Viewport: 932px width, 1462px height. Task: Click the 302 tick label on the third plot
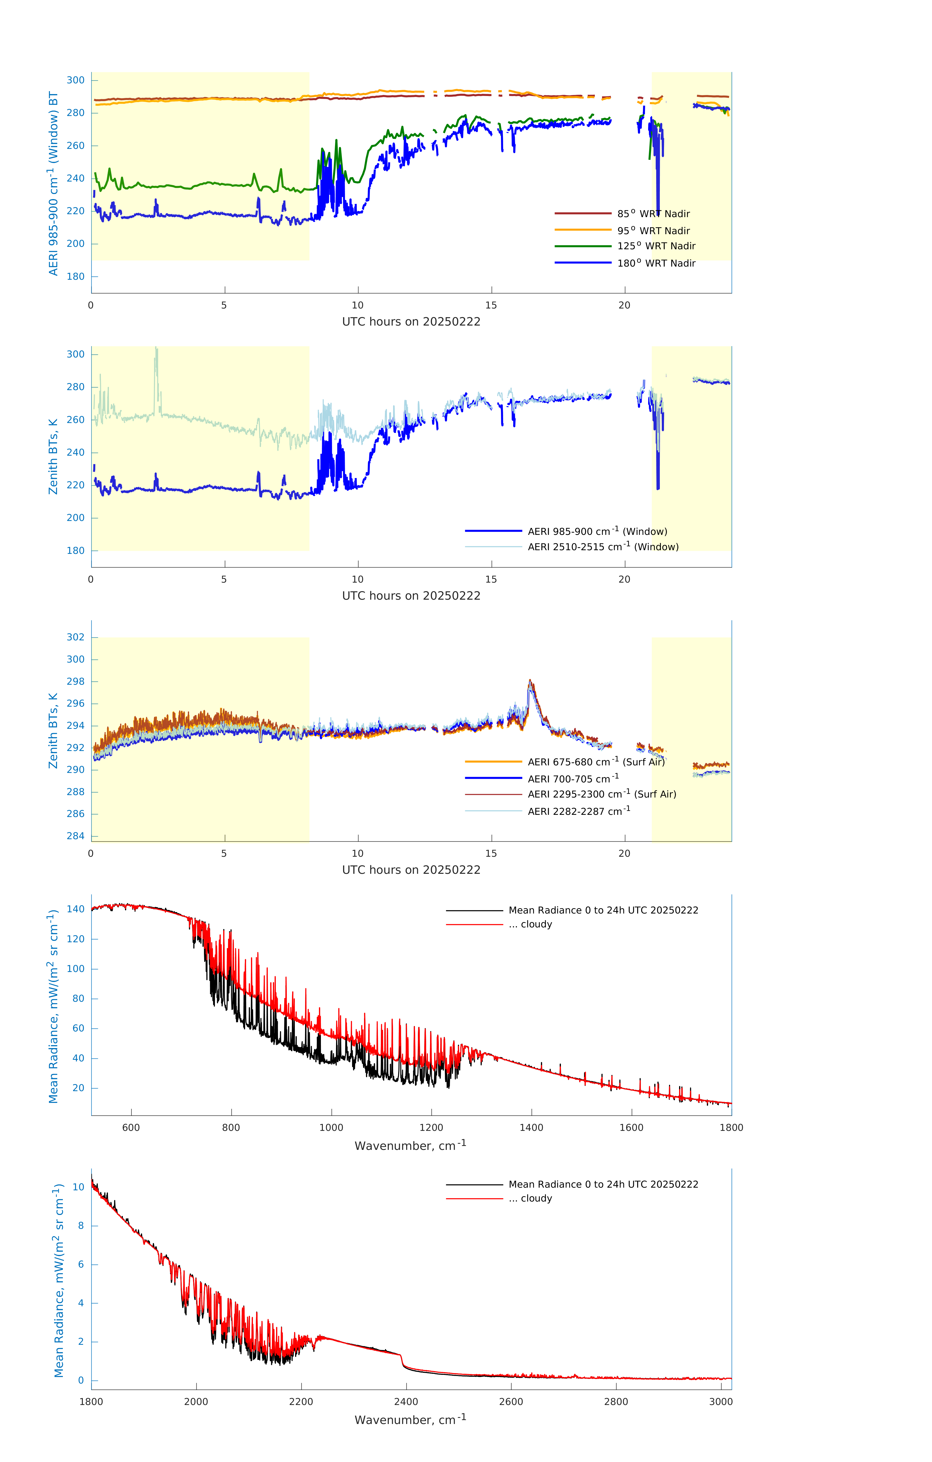tap(76, 637)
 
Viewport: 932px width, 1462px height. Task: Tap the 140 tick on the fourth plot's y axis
tap(76, 909)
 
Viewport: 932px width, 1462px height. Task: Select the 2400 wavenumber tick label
tap(406, 1401)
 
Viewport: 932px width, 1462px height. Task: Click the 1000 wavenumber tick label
tap(331, 1127)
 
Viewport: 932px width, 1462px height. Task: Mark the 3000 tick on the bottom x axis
tap(721, 1401)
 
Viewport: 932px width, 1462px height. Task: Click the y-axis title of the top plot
tap(53, 183)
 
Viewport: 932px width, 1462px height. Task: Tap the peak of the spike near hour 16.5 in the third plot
tap(529, 681)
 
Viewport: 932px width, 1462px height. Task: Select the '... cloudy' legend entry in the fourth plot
tap(536, 924)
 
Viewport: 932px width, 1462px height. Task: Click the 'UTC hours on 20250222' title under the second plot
tap(411, 596)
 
